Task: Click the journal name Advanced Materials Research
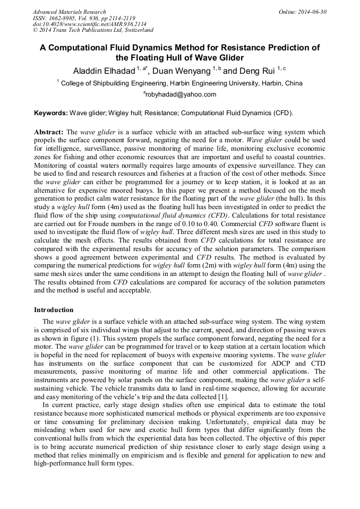69,12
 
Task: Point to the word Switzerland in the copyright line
136,30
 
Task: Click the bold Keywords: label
51,113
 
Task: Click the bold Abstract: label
49,132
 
